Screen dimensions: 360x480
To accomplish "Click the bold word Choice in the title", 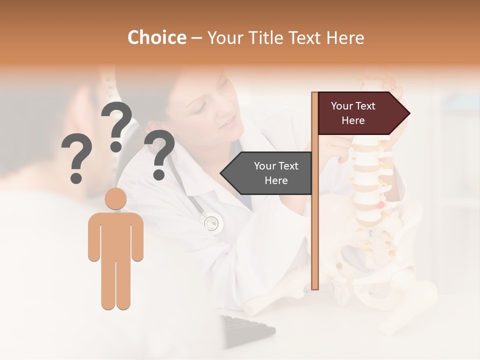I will coord(156,37).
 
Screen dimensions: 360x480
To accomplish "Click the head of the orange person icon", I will coord(115,198).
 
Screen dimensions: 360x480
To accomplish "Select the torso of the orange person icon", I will coord(115,235).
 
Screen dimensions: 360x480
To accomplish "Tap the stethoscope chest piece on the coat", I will coord(210,222).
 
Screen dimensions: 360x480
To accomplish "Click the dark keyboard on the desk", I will coord(247,330).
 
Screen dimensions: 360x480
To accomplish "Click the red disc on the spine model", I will coord(381,204).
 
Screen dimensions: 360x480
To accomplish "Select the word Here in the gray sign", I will coord(276,180).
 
